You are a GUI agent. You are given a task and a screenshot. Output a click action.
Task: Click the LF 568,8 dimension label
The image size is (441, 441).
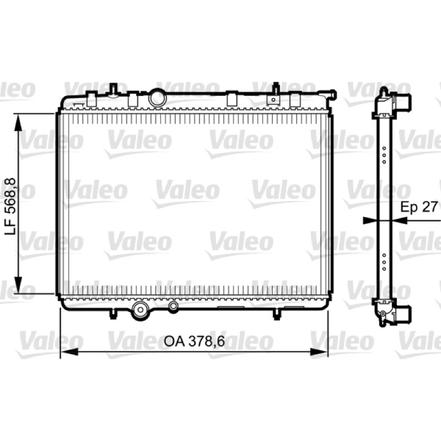10,206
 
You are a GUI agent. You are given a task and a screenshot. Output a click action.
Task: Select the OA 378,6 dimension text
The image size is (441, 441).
195,341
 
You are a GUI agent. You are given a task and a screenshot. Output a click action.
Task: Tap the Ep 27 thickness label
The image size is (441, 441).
419,207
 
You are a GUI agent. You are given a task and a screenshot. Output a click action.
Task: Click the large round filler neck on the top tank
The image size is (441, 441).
158,98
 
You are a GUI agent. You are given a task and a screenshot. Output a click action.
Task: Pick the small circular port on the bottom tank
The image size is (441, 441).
174,306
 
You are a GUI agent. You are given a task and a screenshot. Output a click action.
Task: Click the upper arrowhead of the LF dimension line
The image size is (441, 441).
18,122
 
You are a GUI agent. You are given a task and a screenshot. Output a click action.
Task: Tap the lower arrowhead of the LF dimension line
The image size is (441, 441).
18,284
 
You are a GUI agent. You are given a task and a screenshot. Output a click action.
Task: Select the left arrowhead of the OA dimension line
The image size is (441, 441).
69,351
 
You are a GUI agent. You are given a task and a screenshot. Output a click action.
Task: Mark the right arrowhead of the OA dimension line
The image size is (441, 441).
319,351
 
